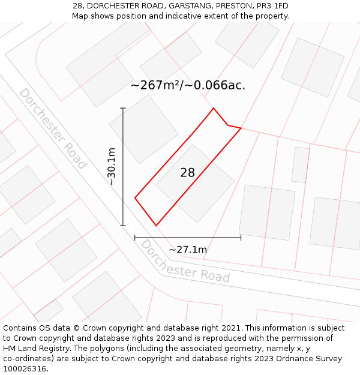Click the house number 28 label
(188, 173)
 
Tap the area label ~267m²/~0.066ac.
(188, 85)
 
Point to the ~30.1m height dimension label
(112, 167)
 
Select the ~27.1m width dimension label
(188, 250)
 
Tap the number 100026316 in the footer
(23, 369)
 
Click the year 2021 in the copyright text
(230, 328)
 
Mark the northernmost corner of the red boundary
(213, 109)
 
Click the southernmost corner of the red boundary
(156, 226)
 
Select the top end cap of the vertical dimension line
(123, 108)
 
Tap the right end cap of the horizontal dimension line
(241, 238)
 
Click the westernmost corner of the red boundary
(135, 197)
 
